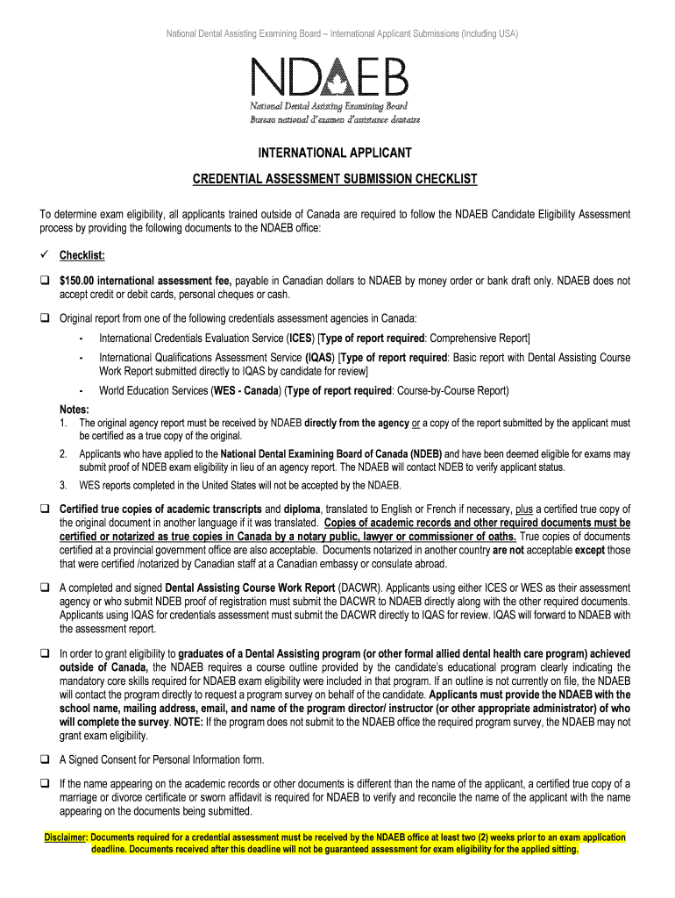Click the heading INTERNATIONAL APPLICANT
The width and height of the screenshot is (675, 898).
coord(337,153)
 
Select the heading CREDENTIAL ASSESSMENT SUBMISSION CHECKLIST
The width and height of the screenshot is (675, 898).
coord(335,179)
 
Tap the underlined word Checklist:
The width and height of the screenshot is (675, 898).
coord(82,255)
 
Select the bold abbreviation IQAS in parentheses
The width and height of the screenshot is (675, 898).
coord(318,358)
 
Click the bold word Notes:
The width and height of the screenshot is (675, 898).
coord(75,409)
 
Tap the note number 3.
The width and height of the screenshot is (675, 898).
coord(63,485)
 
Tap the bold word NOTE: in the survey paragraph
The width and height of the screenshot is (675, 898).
coord(188,722)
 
